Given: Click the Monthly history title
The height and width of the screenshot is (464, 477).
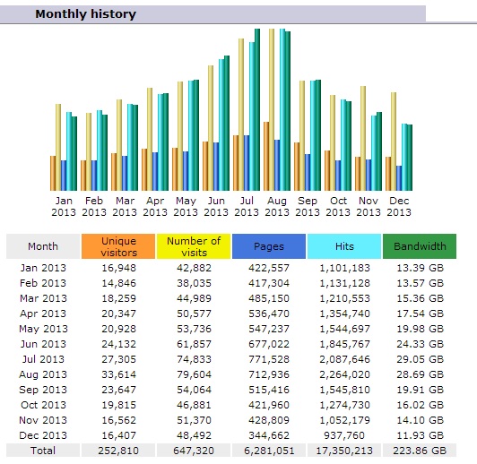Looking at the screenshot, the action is pos(85,14).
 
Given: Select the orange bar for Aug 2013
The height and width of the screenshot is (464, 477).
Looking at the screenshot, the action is pos(266,156).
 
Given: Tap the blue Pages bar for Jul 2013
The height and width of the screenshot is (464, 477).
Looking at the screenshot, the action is pos(247,163).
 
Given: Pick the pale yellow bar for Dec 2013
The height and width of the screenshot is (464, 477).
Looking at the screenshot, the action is pos(394,142).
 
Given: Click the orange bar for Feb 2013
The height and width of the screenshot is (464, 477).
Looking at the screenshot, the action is pos(83,176).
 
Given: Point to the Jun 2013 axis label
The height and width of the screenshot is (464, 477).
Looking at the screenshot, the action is pos(216,206).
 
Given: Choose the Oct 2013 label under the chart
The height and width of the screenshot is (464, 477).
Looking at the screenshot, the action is pos(338,206).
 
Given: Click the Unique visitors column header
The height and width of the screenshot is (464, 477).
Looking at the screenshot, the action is pos(118,246).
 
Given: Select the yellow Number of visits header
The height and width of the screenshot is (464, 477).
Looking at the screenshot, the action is pos(194,246).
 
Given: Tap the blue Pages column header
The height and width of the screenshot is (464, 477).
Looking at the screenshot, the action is pos(269,246).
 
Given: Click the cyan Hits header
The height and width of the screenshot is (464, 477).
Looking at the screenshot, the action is pos(344,246).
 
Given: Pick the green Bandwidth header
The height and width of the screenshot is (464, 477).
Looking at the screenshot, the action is pos(420,246).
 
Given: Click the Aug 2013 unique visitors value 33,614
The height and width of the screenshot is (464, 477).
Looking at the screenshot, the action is pos(118,374).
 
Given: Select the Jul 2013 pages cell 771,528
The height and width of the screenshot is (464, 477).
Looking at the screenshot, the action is pos(269,359).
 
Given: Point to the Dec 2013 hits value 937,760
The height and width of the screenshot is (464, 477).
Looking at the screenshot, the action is pos(344,435).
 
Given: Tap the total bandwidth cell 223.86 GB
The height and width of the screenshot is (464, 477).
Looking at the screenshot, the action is pos(420,451).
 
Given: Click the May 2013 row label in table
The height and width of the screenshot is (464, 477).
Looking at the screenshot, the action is pos(43,329).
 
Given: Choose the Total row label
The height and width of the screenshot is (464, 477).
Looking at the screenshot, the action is pos(43,451).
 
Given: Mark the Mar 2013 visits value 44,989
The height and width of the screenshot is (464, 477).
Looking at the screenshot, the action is pos(194,298).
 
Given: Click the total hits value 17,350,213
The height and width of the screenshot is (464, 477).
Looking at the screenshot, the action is pos(344,451).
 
